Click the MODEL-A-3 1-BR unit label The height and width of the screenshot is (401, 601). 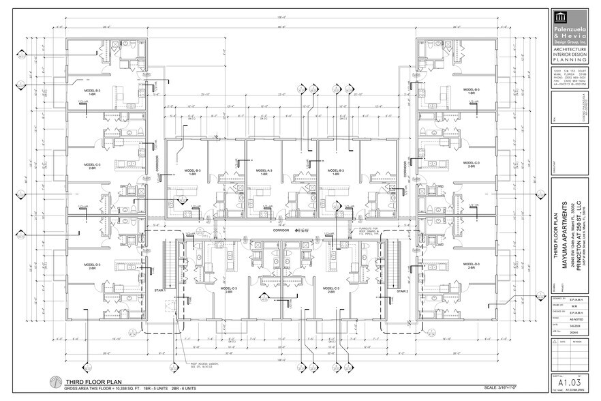[x=264, y=173]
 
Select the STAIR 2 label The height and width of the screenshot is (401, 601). [x=402, y=291]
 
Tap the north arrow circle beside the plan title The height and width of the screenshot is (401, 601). [x=53, y=383]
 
